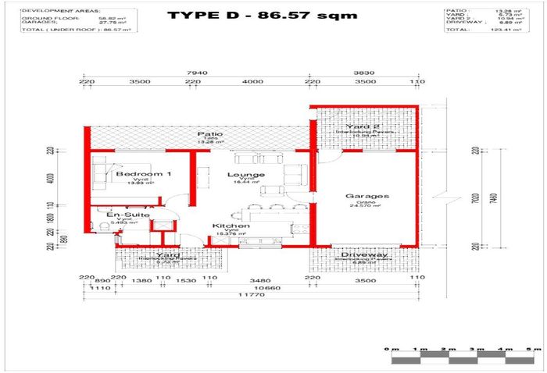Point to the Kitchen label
[x=231, y=226]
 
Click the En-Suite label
[x=123, y=214]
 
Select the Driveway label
[x=359, y=255]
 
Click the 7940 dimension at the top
[x=193, y=73]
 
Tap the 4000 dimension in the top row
[x=252, y=81]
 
